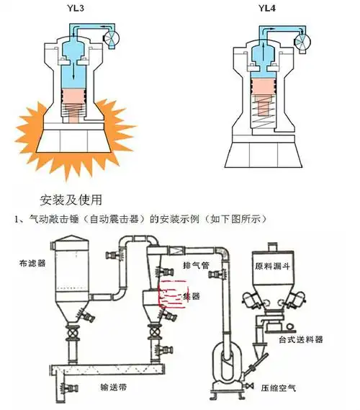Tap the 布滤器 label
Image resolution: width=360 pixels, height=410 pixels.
[32, 264]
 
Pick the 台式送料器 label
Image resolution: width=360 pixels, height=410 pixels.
[300, 338]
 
